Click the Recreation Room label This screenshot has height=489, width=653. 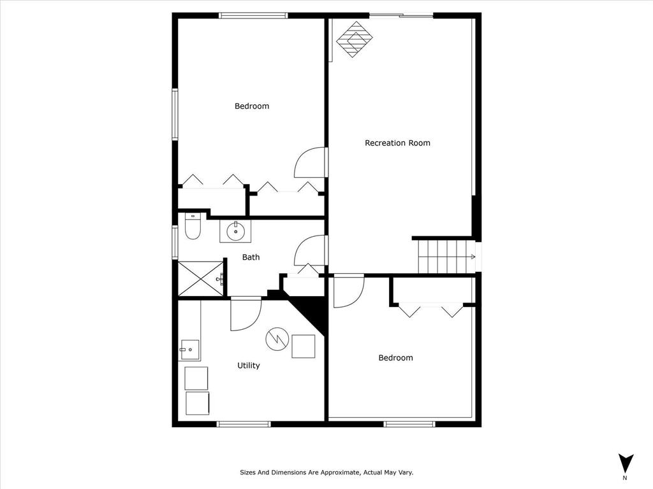pos(397,143)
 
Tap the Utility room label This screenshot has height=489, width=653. pos(248,365)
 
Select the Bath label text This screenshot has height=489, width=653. pos(251,257)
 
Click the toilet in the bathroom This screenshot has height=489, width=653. pos(193,226)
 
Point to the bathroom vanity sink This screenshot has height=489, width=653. pos(235,230)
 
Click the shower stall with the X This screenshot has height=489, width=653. pos(200,278)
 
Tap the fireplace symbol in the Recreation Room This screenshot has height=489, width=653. pos(354,39)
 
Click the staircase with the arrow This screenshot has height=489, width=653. pos(447,257)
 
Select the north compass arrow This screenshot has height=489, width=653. pos(626,462)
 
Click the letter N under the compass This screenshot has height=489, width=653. pos(625,478)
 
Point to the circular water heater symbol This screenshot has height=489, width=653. pos(277,338)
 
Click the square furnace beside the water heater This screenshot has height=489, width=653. pos(304,346)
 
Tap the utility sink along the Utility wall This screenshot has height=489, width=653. pos(189,350)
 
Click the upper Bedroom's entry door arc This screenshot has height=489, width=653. pos(311,162)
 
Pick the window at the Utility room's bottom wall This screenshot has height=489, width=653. pos(243,423)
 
